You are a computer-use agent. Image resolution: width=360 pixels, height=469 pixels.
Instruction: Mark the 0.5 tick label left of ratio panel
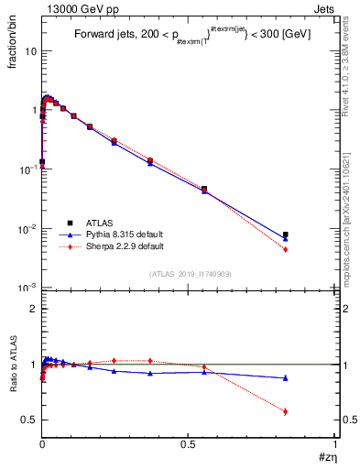pos(27,420)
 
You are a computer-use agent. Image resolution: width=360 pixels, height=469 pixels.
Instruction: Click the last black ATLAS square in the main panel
pos(286,234)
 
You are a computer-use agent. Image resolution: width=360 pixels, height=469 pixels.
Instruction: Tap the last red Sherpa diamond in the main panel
pos(286,249)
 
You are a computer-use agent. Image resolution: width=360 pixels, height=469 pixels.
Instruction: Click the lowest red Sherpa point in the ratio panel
pos(286,411)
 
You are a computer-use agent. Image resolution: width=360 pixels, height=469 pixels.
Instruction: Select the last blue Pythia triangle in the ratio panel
pos(286,377)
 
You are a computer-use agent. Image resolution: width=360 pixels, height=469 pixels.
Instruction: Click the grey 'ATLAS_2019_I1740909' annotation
pos(189,274)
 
